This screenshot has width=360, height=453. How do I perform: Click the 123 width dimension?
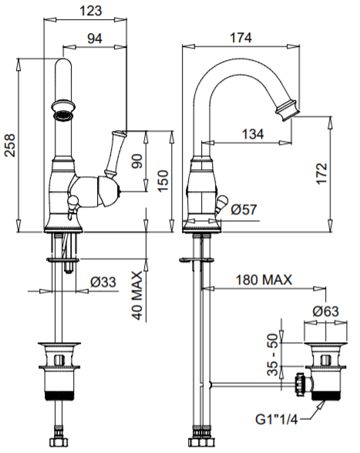(x=90, y=11)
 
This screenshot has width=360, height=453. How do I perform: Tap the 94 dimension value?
(x=95, y=39)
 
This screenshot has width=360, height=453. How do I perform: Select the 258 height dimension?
(x=10, y=146)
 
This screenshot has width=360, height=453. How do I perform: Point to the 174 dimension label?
(x=241, y=38)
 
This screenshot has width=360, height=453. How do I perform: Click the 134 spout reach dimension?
(x=253, y=134)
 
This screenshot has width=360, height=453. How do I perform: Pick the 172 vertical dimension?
(x=321, y=173)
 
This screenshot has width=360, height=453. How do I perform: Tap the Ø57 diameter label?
(x=244, y=210)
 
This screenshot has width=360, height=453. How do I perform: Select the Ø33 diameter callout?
(x=103, y=282)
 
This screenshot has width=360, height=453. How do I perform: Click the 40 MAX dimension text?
(x=137, y=295)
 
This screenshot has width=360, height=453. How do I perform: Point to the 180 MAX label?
(x=264, y=280)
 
